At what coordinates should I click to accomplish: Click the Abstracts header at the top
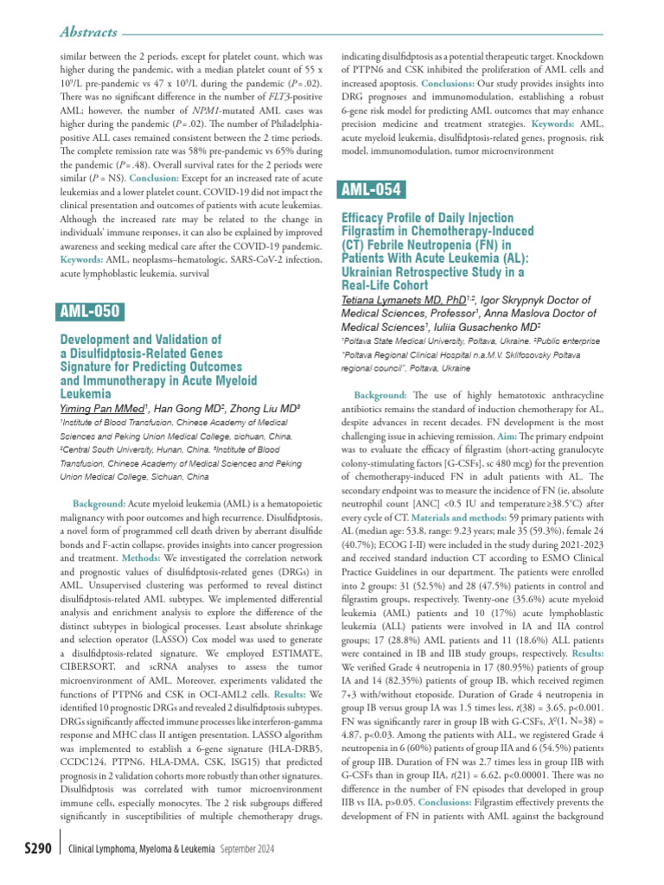point(87,32)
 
